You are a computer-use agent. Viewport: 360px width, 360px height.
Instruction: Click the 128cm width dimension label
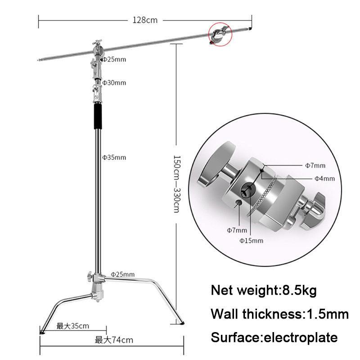[x=144, y=20]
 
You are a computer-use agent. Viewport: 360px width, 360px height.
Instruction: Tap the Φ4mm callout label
[x=324, y=179]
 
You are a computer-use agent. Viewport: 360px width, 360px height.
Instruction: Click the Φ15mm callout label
[x=251, y=241]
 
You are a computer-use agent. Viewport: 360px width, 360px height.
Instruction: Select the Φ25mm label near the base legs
[x=122, y=274]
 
